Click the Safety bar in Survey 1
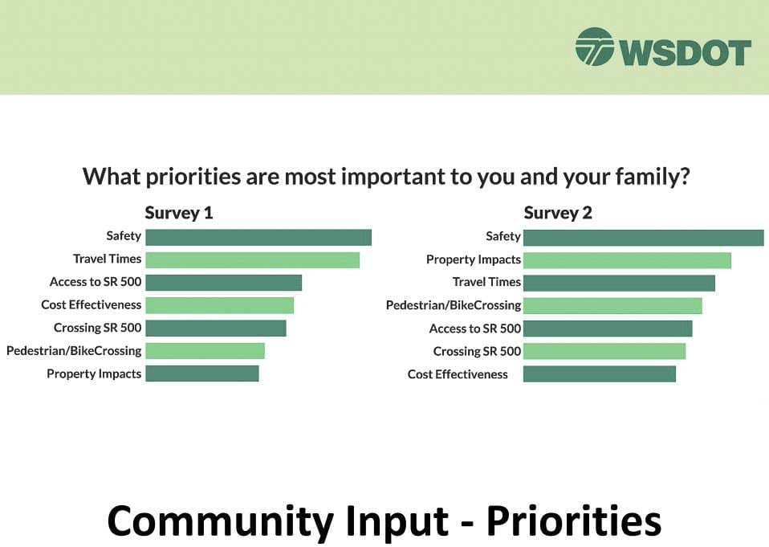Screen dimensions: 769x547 [258, 238]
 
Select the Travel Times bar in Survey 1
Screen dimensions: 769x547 [253, 260]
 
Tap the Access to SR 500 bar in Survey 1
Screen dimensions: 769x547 [224, 283]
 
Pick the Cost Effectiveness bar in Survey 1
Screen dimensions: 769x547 [220, 305]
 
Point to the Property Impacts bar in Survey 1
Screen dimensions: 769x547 [202, 374]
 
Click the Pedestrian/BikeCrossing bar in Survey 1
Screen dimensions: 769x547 [205, 351]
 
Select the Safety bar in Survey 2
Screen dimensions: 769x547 [644, 238]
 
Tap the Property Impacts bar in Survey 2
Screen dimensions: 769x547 [627, 260]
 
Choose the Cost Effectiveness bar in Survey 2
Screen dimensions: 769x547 [600, 374]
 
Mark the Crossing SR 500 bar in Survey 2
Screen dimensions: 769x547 [604, 351]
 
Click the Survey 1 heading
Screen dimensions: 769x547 [178, 213]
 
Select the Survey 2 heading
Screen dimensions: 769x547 [558, 213]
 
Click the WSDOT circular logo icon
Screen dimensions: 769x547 [594, 47]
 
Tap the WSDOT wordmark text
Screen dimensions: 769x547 [686, 53]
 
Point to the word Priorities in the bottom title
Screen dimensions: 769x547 [574, 521]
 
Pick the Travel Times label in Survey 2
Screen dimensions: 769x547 [486, 282]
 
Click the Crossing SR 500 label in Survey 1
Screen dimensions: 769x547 [98, 328]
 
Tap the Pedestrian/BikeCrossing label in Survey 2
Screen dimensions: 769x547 [454, 305]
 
